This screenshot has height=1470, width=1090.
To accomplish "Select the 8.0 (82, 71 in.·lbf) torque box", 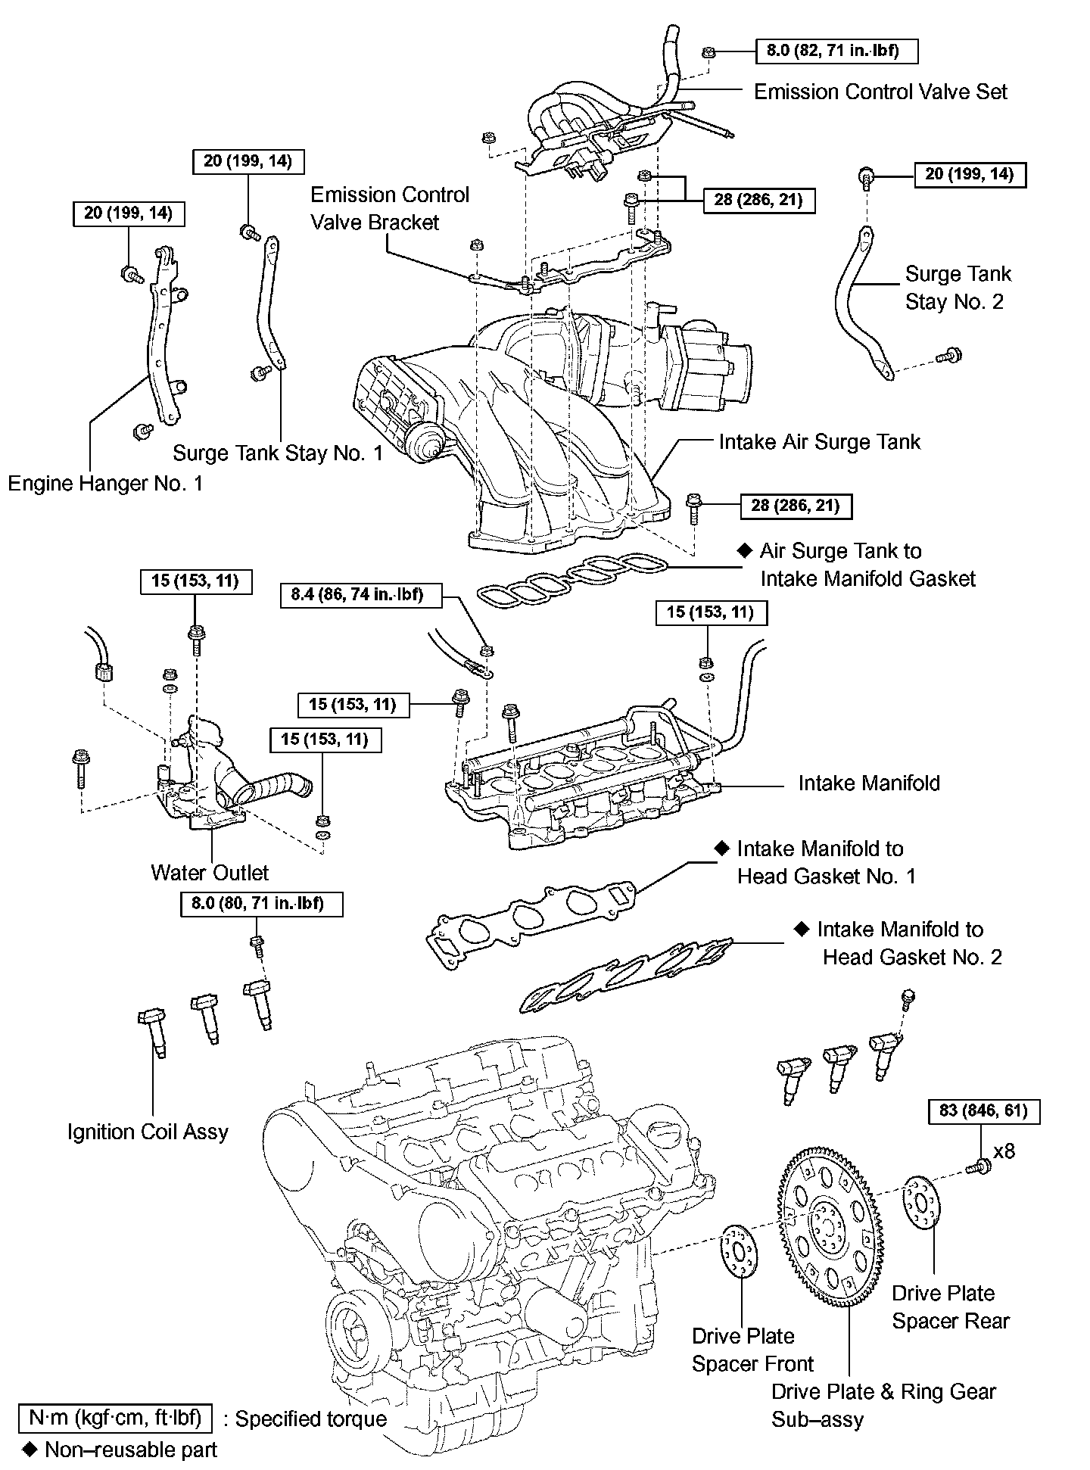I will [837, 51].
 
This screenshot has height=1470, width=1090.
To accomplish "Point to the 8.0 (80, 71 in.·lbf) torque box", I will [261, 903].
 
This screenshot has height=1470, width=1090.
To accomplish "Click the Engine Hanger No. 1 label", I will [105, 483].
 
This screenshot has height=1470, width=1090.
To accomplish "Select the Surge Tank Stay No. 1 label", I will [278, 453].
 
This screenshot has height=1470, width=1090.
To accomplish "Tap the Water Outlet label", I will [210, 872].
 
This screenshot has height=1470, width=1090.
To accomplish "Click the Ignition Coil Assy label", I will [148, 1132].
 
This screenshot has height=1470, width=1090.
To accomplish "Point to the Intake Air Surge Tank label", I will [819, 441].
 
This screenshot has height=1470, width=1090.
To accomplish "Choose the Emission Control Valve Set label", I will [880, 92].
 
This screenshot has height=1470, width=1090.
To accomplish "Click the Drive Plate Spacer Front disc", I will [739, 1252].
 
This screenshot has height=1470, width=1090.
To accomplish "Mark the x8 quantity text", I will [1004, 1151].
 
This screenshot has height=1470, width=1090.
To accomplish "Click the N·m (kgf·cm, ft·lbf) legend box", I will [115, 1418].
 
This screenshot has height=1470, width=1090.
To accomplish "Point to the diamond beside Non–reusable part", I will [30, 1450].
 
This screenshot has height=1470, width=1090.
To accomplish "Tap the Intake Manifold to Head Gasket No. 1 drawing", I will [530, 917].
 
